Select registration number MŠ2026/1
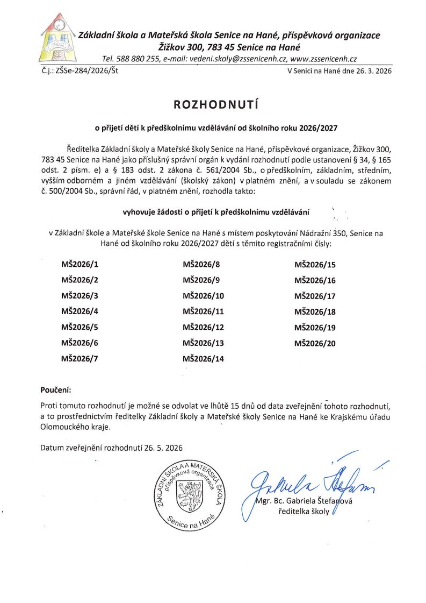point(80,264)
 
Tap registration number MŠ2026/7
point(80,359)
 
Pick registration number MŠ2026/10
point(203,296)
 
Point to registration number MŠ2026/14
point(203,359)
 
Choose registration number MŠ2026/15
point(315,264)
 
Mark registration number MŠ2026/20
point(315,343)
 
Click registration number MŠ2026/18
point(315,311)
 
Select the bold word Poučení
point(55,388)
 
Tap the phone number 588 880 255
point(136,59)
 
